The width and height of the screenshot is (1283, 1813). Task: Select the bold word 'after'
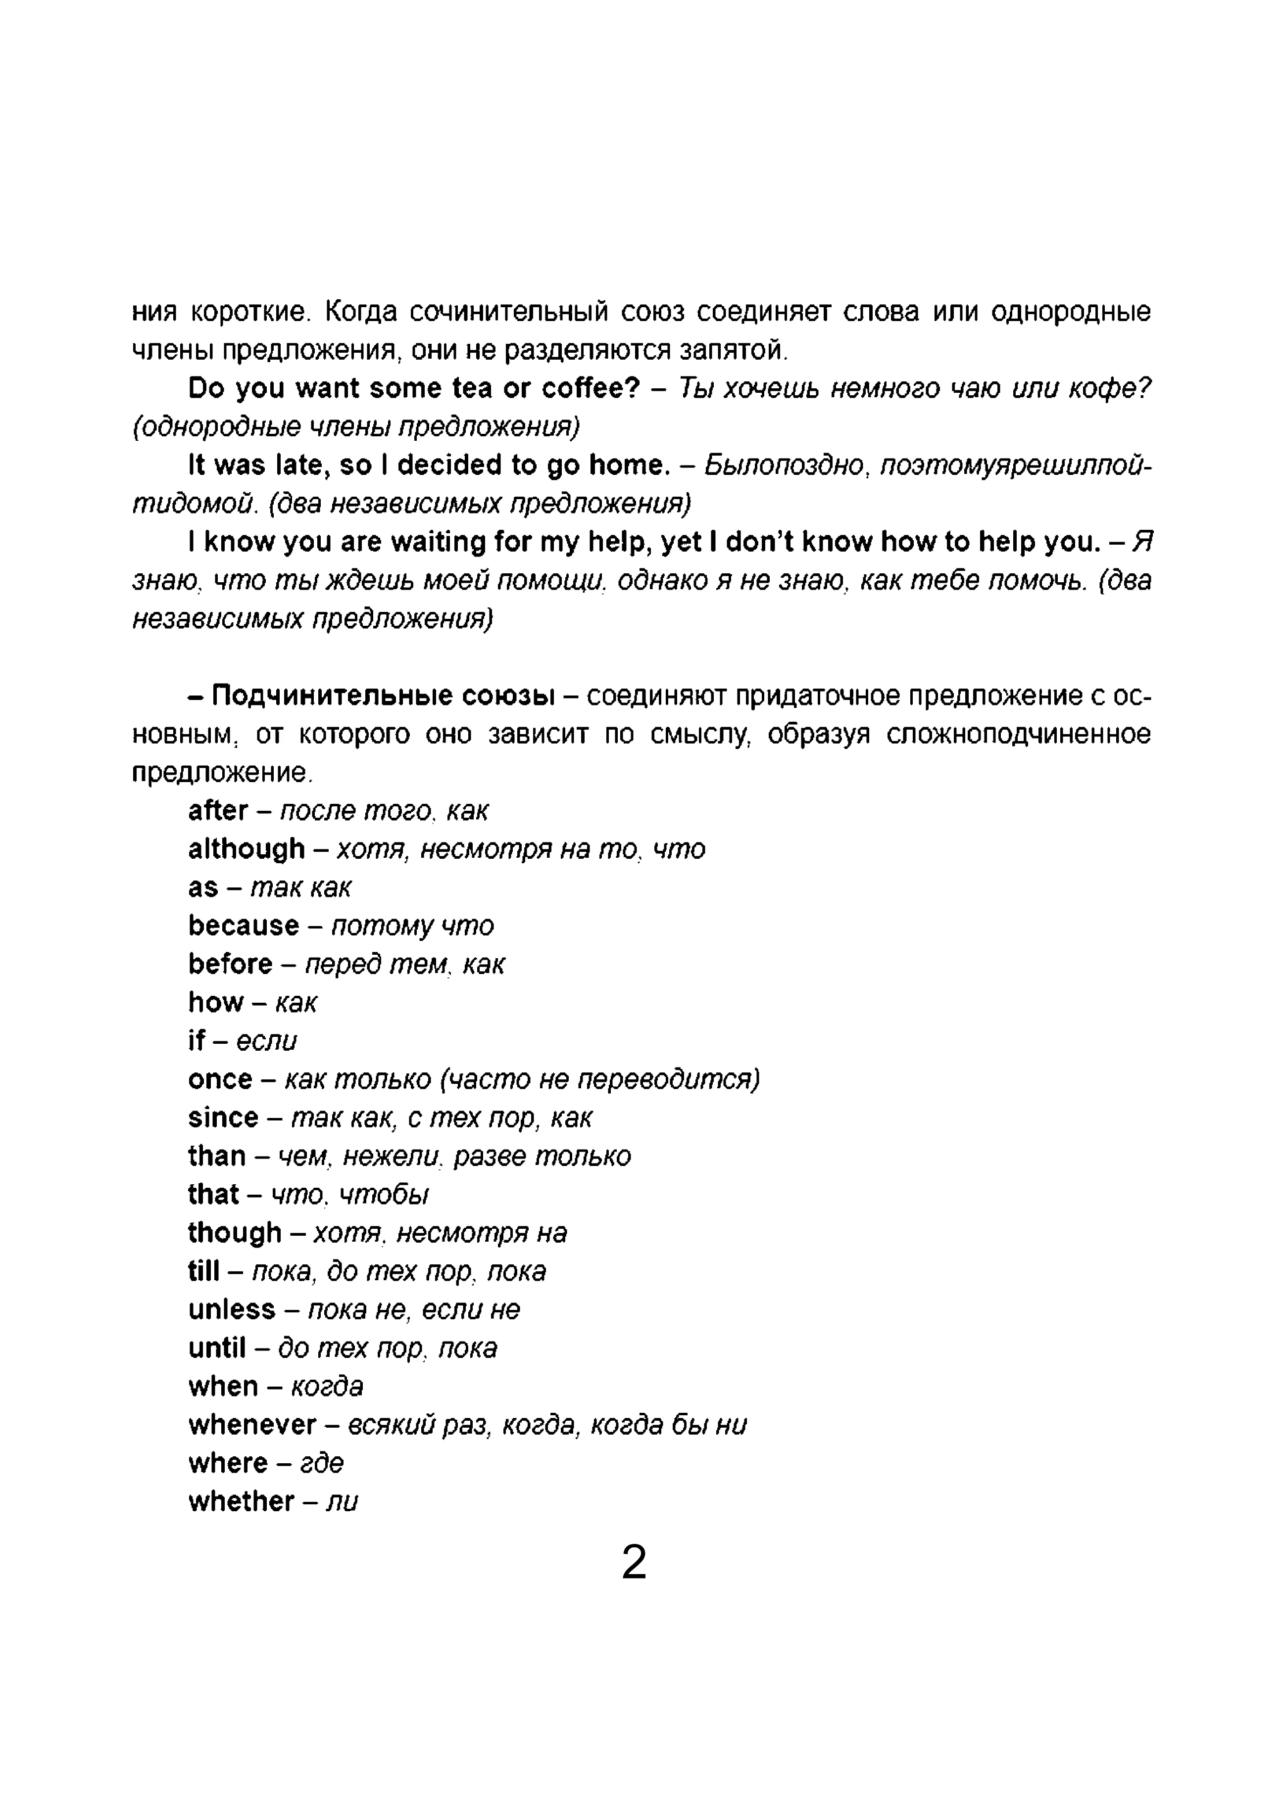point(218,811)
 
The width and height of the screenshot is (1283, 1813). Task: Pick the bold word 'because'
point(244,926)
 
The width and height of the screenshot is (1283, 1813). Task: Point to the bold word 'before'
point(230,964)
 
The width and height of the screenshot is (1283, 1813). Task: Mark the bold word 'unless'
point(232,1310)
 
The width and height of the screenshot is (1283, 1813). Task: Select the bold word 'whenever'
point(252,1425)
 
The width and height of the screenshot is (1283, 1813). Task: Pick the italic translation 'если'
point(267,1041)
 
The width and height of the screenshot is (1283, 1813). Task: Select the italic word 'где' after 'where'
point(322,1464)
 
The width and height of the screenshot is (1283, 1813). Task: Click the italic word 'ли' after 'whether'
point(342,1502)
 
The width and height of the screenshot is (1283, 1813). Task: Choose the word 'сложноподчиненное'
point(1018,735)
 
